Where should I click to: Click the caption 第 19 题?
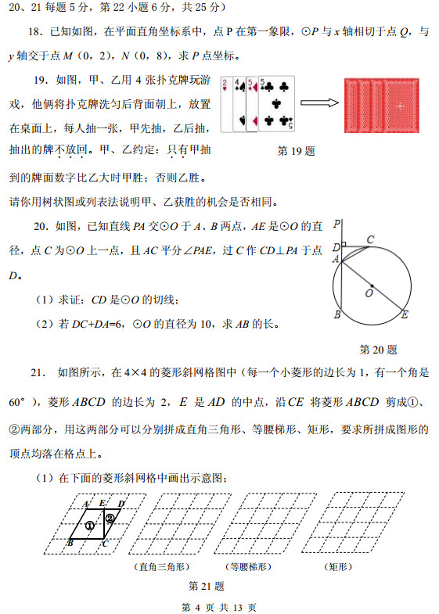tap(297, 151)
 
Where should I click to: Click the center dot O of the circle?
tap(372, 285)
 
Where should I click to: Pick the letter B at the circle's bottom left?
tap(336, 315)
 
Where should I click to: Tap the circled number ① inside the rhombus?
tap(91, 526)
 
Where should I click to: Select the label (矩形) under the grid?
tap(339, 566)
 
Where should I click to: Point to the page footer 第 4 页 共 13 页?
tap(219, 607)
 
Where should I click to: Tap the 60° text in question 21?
tap(20, 401)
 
